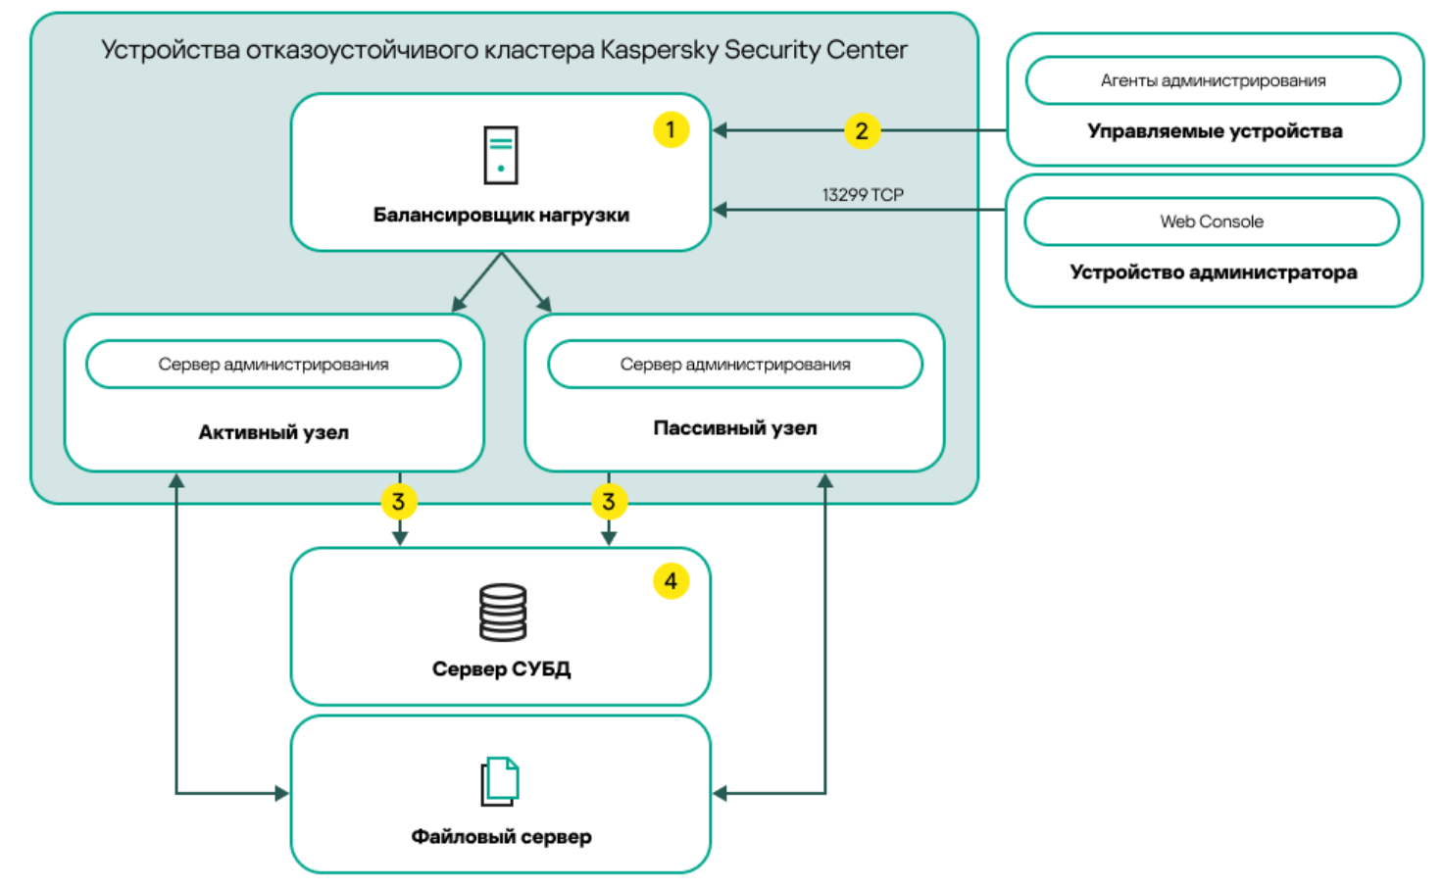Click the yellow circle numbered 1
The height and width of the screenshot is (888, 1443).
(671, 129)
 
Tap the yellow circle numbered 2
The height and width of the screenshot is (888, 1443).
(862, 130)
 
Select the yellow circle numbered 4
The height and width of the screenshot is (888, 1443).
(671, 581)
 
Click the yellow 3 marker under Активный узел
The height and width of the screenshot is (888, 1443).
(399, 502)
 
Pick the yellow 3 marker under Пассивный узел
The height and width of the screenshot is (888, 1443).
(609, 502)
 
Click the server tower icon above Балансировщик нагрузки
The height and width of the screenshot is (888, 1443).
(501, 155)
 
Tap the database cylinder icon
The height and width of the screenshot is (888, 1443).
(503, 613)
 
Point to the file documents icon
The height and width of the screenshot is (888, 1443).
(500, 781)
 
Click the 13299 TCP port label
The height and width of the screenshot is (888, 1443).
(863, 195)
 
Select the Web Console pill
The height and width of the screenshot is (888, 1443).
(1212, 222)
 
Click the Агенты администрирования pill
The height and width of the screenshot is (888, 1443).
(1213, 80)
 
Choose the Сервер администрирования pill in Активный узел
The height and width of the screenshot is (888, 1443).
(274, 365)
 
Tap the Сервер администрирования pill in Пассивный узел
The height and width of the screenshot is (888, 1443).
(735, 365)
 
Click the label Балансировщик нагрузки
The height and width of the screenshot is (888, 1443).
(501, 215)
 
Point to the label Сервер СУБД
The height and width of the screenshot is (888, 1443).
(501, 668)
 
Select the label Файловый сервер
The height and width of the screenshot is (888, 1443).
(501, 836)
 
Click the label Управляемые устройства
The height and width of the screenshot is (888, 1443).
(1215, 131)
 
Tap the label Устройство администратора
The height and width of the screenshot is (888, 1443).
(1214, 272)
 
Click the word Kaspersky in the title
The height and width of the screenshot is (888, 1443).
(659, 50)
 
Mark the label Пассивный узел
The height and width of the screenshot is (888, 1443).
(735, 427)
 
